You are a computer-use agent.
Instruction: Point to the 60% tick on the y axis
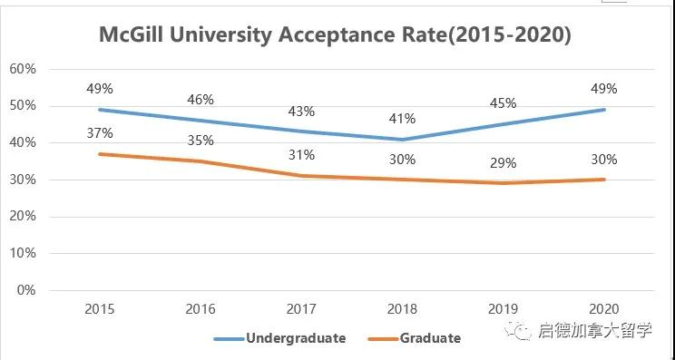pyautogui.click(x=22, y=69)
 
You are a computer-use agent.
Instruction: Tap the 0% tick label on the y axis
pyautogui.click(x=25, y=291)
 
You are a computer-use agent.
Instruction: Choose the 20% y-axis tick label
pyautogui.click(x=22, y=217)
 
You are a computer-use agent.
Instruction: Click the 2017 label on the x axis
pyautogui.click(x=301, y=309)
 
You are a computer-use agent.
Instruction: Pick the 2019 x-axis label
pyautogui.click(x=504, y=309)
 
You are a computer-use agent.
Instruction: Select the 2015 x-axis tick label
pyautogui.click(x=99, y=309)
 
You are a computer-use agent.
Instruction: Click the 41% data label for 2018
pyautogui.click(x=403, y=119)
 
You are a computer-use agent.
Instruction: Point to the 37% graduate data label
pyautogui.click(x=99, y=132)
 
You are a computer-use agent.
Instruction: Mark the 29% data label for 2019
pyautogui.click(x=504, y=163)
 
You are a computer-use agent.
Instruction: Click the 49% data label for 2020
pyautogui.click(x=604, y=89)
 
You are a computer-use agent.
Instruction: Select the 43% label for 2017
pyautogui.click(x=301, y=112)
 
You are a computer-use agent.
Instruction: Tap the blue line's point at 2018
pyautogui.click(x=403, y=139)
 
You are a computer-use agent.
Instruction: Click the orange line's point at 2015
pyautogui.click(x=99, y=154)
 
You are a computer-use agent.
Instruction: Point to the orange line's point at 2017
pyautogui.click(x=301, y=176)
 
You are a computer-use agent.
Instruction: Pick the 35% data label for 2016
pyautogui.click(x=201, y=141)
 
